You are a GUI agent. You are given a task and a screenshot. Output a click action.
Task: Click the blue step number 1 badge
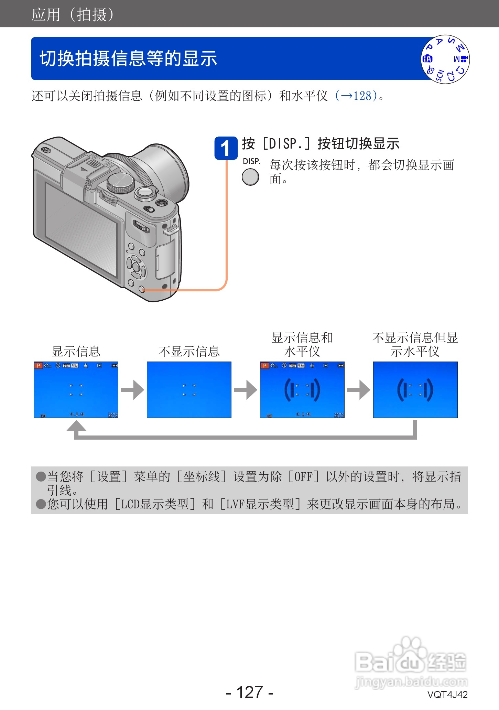[226, 148]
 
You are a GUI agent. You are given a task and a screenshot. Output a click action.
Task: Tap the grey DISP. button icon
[250, 177]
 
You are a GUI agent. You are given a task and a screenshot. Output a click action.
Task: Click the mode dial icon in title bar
[445, 59]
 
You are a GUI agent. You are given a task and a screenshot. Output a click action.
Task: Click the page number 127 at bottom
[250, 692]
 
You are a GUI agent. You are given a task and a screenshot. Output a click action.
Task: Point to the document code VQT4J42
[447, 695]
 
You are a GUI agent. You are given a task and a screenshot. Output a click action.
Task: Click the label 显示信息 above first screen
[76, 351]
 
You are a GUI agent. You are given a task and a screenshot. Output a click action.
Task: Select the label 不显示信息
[189, 351]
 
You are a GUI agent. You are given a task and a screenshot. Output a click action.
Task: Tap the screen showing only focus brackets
[189, 389]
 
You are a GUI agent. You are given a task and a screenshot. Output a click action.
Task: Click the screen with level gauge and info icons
[302, 389]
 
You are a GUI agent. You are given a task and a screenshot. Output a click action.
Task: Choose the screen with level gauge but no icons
[415, 389]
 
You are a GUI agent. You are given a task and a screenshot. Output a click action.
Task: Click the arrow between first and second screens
[132, 390]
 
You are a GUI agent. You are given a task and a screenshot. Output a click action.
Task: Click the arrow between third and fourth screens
[359, 390]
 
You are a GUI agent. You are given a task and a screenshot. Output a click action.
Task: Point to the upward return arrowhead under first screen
[76, 426]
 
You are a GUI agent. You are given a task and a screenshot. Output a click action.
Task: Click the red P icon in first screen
[38, 366]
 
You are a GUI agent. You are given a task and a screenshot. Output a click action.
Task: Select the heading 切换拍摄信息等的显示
[128, 58]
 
